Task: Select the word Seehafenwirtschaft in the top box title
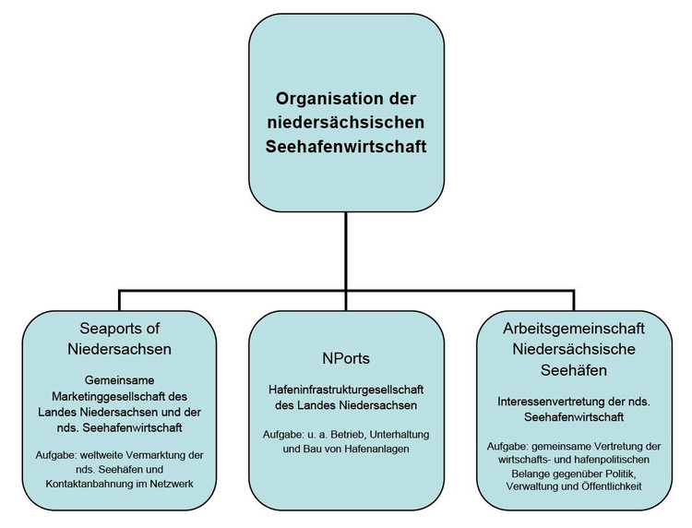point(346,147)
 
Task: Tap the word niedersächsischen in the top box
point(346,122)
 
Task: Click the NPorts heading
point(346,358)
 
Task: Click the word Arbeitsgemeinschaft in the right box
point(574,329)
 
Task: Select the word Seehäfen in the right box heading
point(574,370)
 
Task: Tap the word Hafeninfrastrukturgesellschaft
point(346,390)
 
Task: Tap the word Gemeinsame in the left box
point(120,380)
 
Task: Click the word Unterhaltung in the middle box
point(400,435)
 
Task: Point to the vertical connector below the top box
point(346,251)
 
